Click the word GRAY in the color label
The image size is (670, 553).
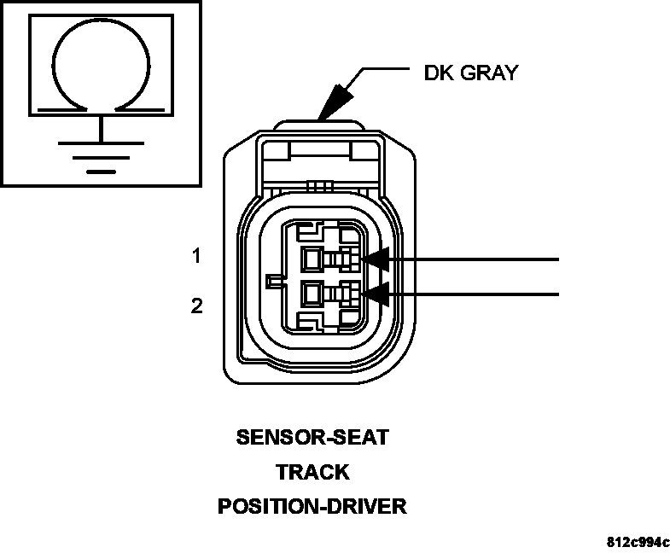(490, 73)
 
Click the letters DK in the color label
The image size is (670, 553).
(440, 73)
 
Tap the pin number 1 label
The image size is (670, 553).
(197, 255)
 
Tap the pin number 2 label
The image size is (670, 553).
(197, 306)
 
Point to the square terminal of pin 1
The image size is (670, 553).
(312, 258)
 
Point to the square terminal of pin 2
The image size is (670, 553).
(312, 294)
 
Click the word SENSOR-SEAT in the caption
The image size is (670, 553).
(312, 438)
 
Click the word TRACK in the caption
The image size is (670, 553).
(312, 472)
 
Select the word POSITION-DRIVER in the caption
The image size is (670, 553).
(312, 506)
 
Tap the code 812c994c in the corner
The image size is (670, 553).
(638, 542)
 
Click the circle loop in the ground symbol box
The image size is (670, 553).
(102, 64)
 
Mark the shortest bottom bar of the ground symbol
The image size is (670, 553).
(102, 171)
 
